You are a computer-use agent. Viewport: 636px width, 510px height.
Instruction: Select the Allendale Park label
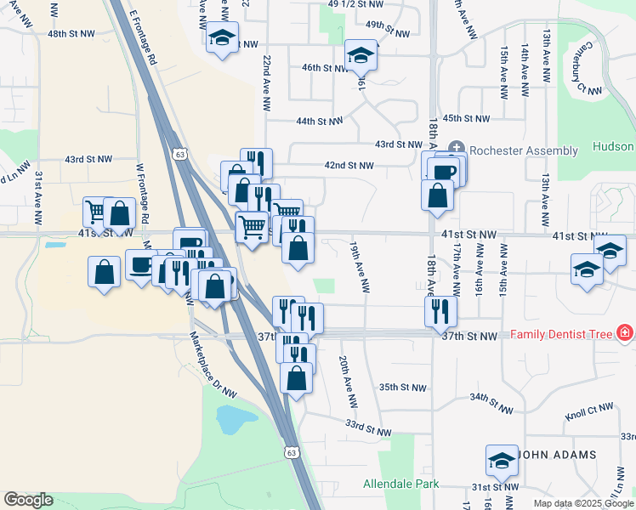[401, 484]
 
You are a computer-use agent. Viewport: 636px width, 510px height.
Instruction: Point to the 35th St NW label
[401, 387]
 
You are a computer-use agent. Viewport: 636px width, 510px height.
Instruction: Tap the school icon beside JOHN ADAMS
[502, 460]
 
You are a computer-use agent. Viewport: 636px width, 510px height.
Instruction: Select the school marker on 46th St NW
[361, 56]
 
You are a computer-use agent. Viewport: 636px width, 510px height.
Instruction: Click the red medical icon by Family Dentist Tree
[626, 332]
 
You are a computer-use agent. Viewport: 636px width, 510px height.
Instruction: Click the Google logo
[28, 500]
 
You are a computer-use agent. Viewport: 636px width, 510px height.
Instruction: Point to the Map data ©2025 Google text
[583, 503]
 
